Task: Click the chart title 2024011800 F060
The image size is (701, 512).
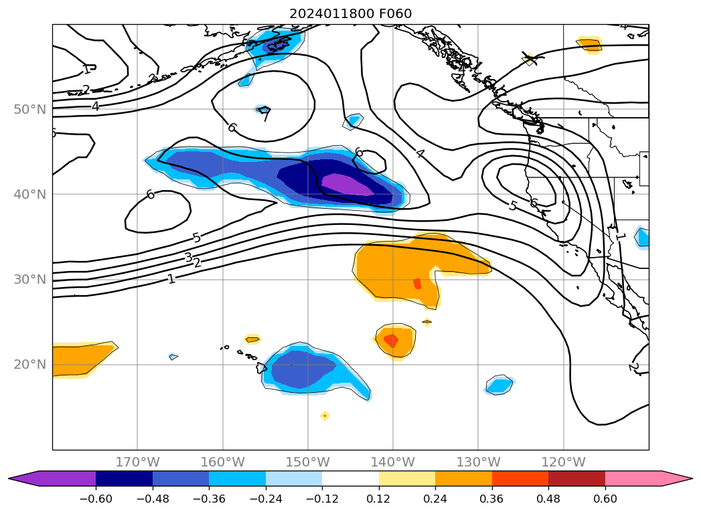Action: click(x=350, y=13)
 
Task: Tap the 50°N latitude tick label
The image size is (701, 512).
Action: click(x=29, y=110)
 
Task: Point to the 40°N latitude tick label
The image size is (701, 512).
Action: click(x=29, y=195)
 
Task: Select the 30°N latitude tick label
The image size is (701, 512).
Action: click(x=29, y=280)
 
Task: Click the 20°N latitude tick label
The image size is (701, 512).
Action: click(x=29, y=365)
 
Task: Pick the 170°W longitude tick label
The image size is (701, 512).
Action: click(x=137, y=462)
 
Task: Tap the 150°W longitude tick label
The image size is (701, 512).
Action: click(x=307, y=462)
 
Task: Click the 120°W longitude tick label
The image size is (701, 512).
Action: click(x=563, y=462)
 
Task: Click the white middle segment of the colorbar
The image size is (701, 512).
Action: click(x=350, y=479)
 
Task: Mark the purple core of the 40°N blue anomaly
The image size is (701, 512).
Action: click(x=347, y=185)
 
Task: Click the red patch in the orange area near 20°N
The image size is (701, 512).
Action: click(x=390, y=341)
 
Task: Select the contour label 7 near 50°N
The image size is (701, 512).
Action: click(x=266, y=116)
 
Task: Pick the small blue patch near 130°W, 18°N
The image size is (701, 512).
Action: click(x=499, y=385)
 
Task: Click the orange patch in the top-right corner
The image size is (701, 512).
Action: click(x=590, y=45)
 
